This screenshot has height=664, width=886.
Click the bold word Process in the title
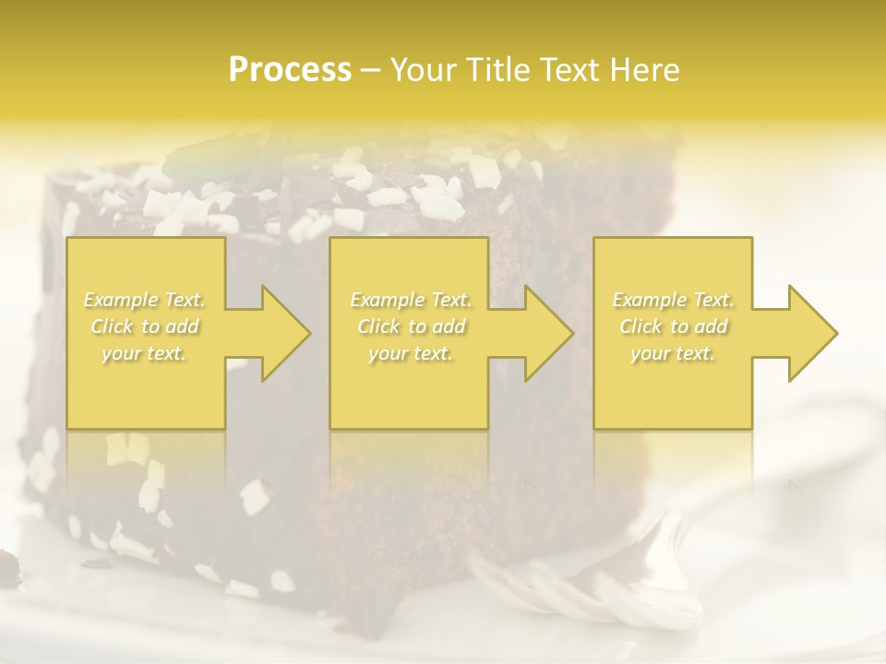coord(290,70)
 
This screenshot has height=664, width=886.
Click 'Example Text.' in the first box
coord(145,300)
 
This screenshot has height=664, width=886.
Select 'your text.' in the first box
coord(145,353)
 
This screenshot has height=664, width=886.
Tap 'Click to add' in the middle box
coord(411,326)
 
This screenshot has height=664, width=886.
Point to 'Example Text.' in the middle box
coord(411,300)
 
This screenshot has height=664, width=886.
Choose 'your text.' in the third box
coord(673,353)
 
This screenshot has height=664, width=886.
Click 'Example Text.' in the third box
coord(673,300)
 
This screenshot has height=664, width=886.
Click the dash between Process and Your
coord(371,70)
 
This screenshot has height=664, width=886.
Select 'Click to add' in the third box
coord(673,326)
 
